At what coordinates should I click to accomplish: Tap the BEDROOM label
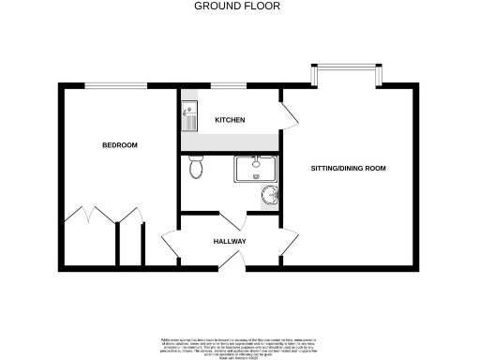point(120,145)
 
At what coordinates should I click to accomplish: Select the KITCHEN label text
point(230,121)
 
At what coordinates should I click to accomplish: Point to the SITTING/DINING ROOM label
point(349,169)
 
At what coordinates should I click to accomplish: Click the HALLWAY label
point(230,241)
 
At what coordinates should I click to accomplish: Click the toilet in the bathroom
point(196,168)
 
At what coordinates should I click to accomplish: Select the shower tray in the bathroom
point(253,170)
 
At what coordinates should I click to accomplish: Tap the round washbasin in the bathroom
point(270,196)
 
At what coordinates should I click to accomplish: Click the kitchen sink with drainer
point(188,116)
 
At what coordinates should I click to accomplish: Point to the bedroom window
point(116,86)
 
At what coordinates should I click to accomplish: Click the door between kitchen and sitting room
point(289,114)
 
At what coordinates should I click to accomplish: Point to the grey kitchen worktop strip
point(230,142)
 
